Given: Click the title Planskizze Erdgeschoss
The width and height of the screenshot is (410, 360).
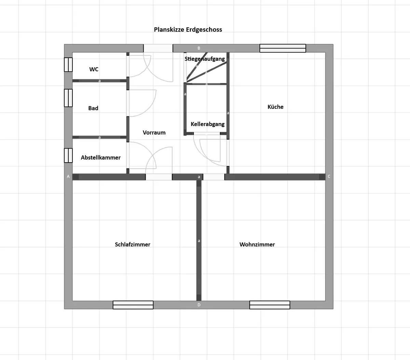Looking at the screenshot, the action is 188,30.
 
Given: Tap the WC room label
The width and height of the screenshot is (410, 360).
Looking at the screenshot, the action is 94,69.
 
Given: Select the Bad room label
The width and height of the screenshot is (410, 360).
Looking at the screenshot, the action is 93,108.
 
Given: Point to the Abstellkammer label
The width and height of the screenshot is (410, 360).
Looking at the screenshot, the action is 100,157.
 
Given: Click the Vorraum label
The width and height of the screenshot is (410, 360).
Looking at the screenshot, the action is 154,133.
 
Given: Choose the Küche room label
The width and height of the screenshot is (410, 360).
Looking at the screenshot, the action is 275,107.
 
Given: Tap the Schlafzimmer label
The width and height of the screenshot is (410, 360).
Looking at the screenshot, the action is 133,245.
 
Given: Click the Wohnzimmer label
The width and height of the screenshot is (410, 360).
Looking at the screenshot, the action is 257,245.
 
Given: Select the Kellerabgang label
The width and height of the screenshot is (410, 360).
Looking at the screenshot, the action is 208,124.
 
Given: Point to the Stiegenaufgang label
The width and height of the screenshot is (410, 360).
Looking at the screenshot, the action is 205,59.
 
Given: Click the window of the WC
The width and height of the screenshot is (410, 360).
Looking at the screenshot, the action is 68,65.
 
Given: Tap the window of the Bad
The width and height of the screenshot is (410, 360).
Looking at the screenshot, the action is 68,98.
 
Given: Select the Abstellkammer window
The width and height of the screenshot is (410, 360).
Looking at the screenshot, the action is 68,155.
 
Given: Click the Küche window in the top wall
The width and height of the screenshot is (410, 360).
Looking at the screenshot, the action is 283,49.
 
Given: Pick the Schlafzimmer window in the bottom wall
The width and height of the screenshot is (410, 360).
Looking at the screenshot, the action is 133,305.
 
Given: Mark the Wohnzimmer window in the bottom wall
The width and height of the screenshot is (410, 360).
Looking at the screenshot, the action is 270,305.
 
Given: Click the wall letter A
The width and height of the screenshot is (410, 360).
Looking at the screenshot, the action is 68,177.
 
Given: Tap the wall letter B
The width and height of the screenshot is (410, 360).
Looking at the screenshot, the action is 199,48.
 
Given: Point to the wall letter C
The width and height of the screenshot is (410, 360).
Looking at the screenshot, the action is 329,177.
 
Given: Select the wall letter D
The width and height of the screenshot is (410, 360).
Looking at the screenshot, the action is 199,305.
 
